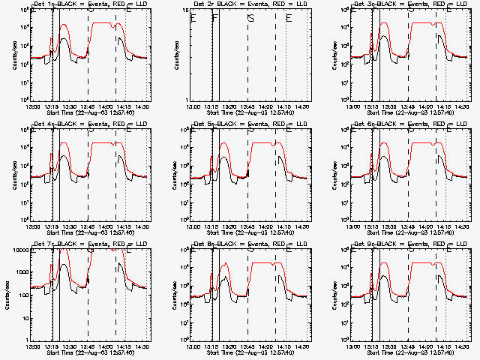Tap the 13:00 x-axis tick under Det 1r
click(33, 106)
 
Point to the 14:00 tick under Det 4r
click(106, 226)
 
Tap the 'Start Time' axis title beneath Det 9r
click(376, 352)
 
